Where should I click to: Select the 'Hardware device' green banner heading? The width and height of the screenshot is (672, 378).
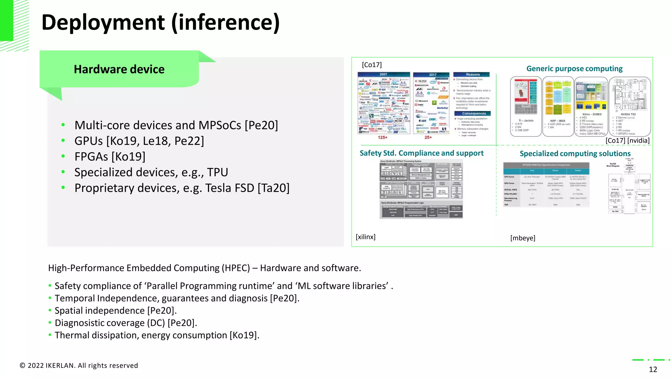pyautogui.click(x=119, y=69)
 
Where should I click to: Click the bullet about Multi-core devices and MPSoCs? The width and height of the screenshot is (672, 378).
pyautogui.click(x=176, y=125)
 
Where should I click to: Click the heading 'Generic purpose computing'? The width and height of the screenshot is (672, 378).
pyautogui.click(x=574, y=69)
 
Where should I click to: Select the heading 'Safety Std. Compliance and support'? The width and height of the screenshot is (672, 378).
pyautogui.click(x=421, y=153)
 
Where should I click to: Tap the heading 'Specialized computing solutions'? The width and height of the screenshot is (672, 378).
pyautogui.click(x=575, y=154)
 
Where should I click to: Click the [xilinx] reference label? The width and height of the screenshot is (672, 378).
pyautogui.click(x=366, y=237)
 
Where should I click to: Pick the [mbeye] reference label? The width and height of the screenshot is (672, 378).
pyautogui.click(x=522, y=238)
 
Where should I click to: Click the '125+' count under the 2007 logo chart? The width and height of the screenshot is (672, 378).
pyautogui.click(x=383, y=137)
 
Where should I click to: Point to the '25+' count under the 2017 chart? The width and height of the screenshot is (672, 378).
pyautogui.click(x=428, y=137)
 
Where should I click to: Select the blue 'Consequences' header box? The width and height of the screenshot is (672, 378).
pyautogui.click(x=474, y=114)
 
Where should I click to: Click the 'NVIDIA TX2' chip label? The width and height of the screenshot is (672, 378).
pyautogui.click(x=628, y=114)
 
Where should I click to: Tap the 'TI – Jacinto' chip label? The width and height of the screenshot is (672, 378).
pyautogui.click(x=526, y=121)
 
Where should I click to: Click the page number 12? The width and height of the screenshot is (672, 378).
pyautogui.click(x=653, y=369)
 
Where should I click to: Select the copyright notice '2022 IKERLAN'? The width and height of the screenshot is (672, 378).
pyautogui.click(x=79, y=366)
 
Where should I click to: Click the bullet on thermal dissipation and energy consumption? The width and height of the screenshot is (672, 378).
pyautogui.click(x=157, y=335)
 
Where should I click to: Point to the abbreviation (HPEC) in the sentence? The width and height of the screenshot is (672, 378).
pyautogui.click(x=236, y=268)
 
